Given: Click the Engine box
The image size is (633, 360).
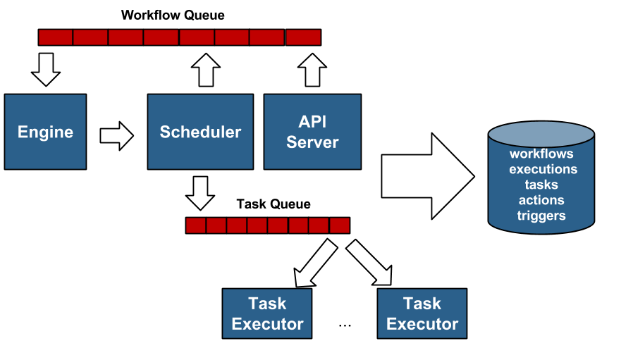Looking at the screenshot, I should [45, 132].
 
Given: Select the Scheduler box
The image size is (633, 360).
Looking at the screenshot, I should [200, 132].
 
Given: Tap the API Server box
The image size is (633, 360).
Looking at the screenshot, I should [312, 132].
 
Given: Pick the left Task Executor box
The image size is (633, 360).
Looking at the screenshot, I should [267, 314].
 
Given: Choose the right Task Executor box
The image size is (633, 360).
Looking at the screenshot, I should [422, 314].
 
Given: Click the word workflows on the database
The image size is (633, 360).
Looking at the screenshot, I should [541, 154].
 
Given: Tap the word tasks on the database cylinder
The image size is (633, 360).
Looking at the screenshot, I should [541, 185].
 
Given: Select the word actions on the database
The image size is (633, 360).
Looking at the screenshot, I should [541, 200].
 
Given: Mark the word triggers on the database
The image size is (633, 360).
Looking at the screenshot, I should [541, 216].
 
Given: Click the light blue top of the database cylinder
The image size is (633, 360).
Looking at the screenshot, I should [541, 133].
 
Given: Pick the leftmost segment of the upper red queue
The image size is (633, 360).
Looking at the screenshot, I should [56, 37].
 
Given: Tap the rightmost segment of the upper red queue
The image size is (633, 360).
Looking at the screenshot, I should [303, 37].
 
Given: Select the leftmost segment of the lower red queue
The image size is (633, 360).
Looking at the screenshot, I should [195, 225].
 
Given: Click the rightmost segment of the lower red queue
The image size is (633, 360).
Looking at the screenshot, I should [340, 225].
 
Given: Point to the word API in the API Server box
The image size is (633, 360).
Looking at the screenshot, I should [312, 122].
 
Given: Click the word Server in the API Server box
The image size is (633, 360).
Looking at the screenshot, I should [312, 142].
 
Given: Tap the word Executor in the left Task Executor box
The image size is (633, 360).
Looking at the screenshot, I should [267, 324].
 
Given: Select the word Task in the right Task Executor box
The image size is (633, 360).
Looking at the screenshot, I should [422, 304].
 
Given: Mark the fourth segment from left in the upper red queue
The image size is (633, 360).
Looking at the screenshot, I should [161, 37].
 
